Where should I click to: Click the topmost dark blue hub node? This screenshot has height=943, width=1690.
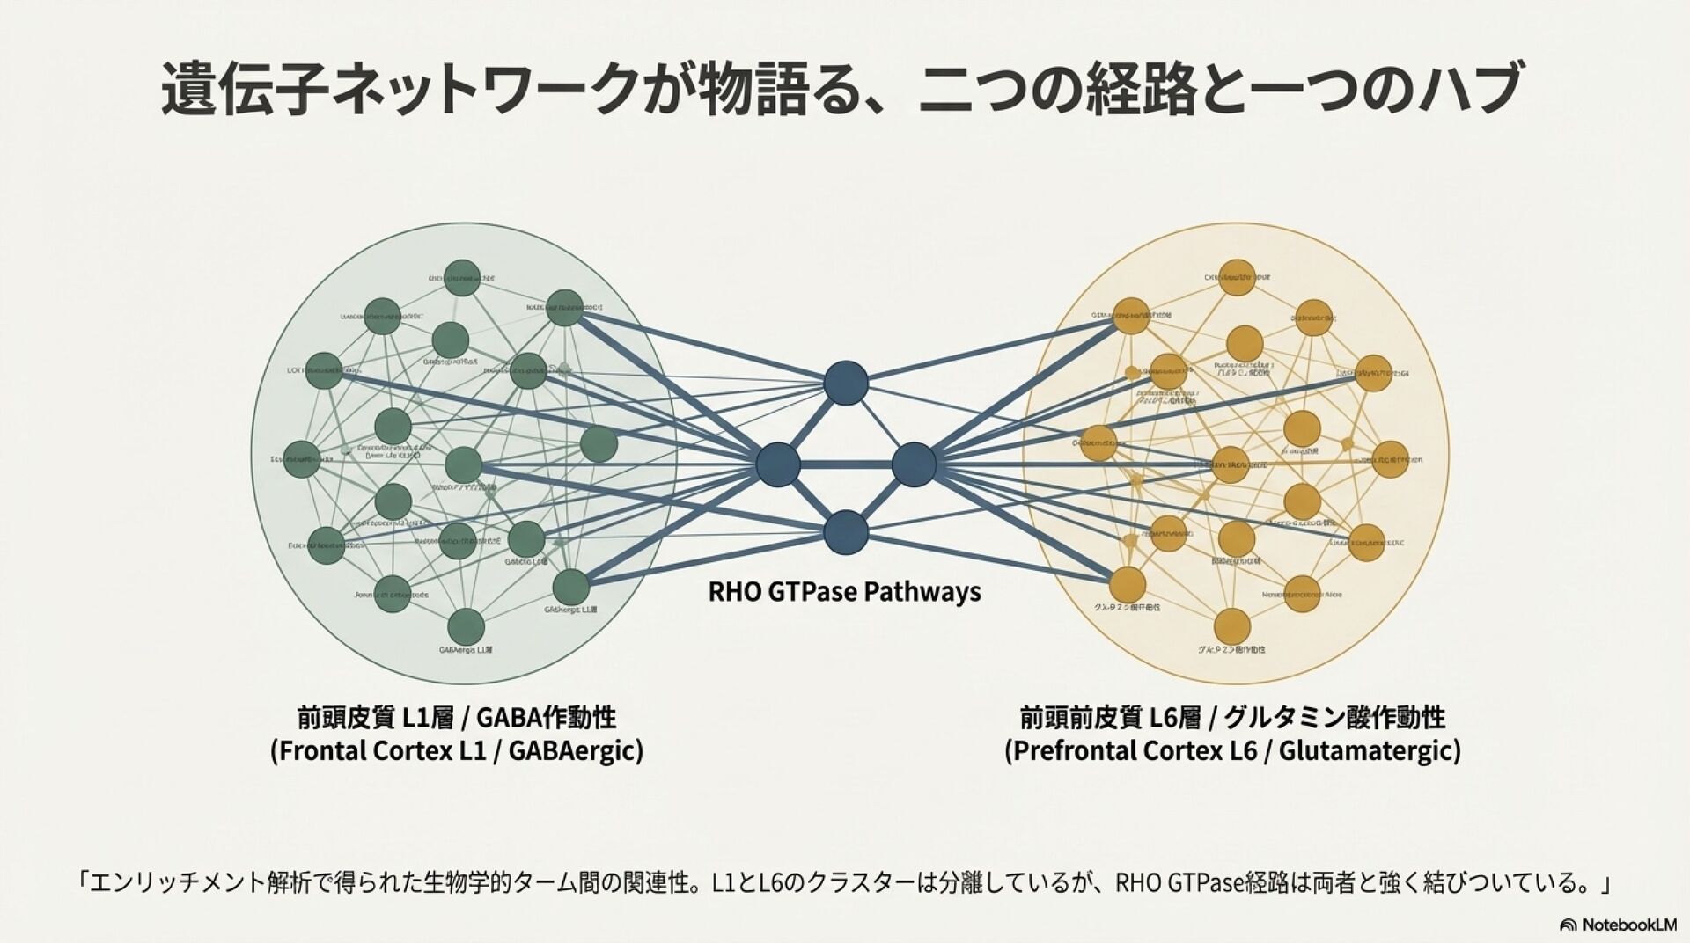tap(846, 384)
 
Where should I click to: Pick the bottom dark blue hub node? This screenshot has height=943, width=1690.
tap(846, 532)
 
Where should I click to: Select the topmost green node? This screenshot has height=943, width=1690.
tap(462, 278)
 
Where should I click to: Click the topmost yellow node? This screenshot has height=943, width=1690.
tap(1237, 278)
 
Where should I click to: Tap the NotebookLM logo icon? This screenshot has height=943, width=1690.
tap(1568, 925)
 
